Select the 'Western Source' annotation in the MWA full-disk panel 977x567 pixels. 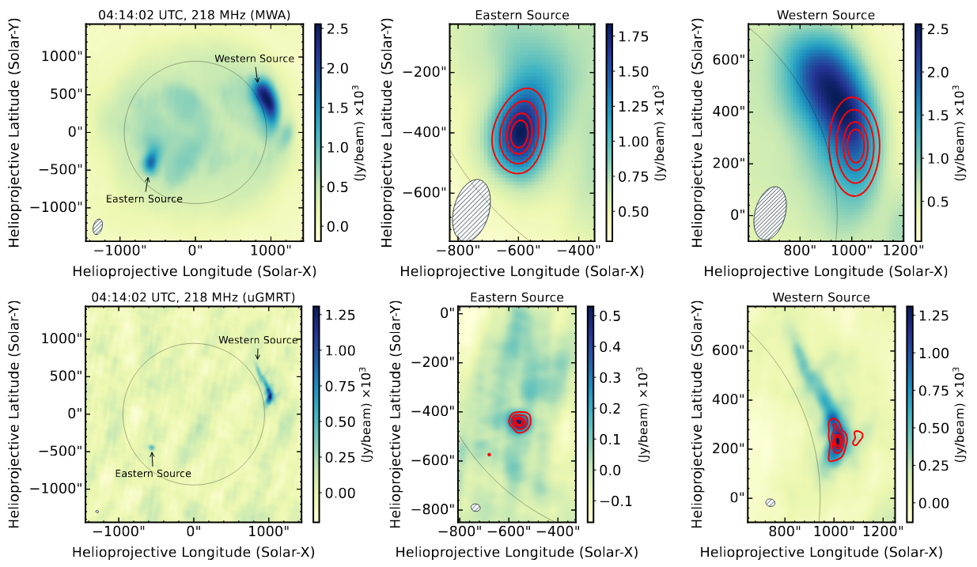(255, 59)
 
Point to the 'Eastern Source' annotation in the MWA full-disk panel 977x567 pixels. (144, 199)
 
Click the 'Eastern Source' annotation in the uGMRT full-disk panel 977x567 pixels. (153, 474)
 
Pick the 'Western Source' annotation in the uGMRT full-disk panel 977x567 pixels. (258, 340)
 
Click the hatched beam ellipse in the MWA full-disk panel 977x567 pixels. (98, 227)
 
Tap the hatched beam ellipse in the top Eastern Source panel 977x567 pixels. (471, 210)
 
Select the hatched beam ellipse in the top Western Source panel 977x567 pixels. (770, 214)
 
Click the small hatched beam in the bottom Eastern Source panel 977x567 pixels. (476, 508)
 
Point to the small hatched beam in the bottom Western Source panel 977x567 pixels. (771, 503)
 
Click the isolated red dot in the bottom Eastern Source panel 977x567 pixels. (490, 455)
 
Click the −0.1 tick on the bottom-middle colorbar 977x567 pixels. (605, 501)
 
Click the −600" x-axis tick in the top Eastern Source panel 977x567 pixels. (518, 251)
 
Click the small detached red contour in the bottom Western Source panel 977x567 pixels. (858, 436)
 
